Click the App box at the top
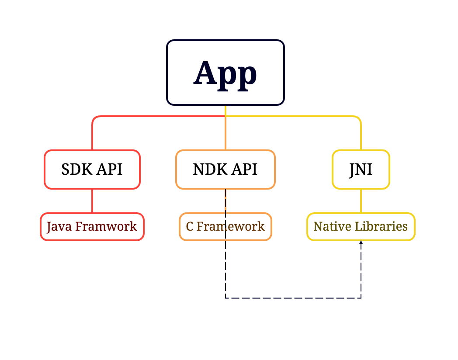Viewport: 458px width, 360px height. (x=225, y=73)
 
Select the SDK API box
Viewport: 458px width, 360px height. (x=92, y=170)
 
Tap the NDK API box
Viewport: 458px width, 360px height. (x=225, y=170)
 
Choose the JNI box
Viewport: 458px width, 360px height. (x=361, y=170)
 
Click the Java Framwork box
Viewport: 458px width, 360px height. (x=92, y=227)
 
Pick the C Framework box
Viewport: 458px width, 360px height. (x=225, y=227)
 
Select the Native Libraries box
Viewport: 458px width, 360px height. (x=361, y=227)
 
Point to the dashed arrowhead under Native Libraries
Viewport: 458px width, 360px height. (x=361, y=242)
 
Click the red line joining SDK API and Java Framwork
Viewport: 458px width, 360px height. (x=92, y=201)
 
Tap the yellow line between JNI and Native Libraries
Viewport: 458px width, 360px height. (x=361, y=201)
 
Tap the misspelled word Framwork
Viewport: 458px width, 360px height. (x=106, y=227)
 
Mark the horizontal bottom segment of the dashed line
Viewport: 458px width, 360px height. (x=293, y=298)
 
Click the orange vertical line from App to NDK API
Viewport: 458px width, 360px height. (x=226, y=133)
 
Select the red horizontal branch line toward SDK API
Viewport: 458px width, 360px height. (x=157, y=117)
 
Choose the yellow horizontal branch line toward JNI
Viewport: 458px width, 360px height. (x=293, y=117)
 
